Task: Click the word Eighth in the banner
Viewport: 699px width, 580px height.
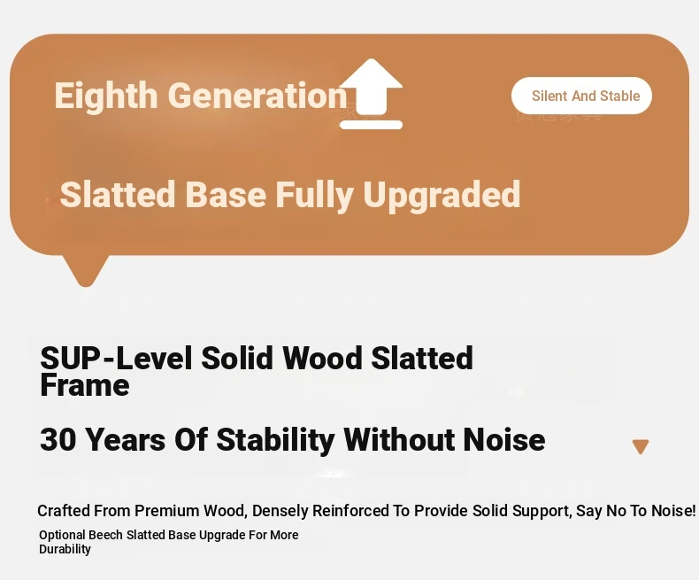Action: click(106, 96)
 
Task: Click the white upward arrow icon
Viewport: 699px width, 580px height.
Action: click(371, 94)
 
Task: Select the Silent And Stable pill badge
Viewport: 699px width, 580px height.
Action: click(581, 96)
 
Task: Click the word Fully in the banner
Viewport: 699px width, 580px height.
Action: click(315, 195)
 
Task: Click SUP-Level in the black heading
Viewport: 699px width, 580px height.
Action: click(116, 358)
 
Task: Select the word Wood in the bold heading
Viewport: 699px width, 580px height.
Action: click(322, 358)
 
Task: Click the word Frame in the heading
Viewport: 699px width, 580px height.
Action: click(85, 385)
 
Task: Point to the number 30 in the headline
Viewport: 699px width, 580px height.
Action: click(58, 439)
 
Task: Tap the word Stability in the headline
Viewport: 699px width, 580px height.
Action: click(275, 440)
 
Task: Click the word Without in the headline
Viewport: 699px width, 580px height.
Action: click(399, 439)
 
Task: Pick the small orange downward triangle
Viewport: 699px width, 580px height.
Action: click(641, 445)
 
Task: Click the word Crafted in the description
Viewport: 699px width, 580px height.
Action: click(64, 511)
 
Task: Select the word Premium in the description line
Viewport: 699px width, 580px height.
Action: click(167, 511)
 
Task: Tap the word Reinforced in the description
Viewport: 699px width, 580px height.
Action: click(351, 511)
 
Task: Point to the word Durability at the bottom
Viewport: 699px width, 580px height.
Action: click(65, 549)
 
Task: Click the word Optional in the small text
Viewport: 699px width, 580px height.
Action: click(62, 536)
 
